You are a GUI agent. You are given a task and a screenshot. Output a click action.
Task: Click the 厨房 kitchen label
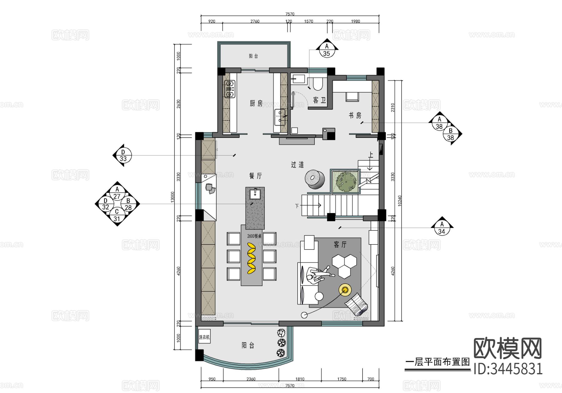(x=256, y=103)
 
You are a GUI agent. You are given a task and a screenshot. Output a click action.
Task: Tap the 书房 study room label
(x=355, y=115)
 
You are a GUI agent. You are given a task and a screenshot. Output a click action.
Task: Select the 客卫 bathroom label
(x=319, y=100)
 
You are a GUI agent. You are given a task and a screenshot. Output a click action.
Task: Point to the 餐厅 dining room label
(x=255, y=176)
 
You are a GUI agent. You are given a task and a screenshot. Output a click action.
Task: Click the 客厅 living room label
(x=340, y=245)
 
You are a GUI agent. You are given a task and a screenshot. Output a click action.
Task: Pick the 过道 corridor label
(x=297, y=165)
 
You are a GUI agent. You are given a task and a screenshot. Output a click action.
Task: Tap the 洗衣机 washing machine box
(x=204, y=337)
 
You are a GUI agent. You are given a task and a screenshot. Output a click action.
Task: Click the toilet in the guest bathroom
(x=318, y=84)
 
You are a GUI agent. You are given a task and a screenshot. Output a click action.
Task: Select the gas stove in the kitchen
(x=229, y=89)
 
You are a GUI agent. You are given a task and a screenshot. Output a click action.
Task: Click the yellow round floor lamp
(x=345, y=290)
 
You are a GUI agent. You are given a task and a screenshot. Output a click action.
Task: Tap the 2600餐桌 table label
(x=254, y=236)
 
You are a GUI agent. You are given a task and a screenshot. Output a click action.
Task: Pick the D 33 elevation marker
(x=123, y=155)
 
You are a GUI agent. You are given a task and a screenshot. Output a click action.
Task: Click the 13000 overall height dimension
(x=172, y=197)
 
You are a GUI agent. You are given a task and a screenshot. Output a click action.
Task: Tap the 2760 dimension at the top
(x=255, y=21)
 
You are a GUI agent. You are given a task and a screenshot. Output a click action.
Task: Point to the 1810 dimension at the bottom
(x=300, y=379)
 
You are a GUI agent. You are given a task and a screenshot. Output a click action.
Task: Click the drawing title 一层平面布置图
(x=437, y=362)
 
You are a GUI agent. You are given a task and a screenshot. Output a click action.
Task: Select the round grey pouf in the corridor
(x=315, y=179)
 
